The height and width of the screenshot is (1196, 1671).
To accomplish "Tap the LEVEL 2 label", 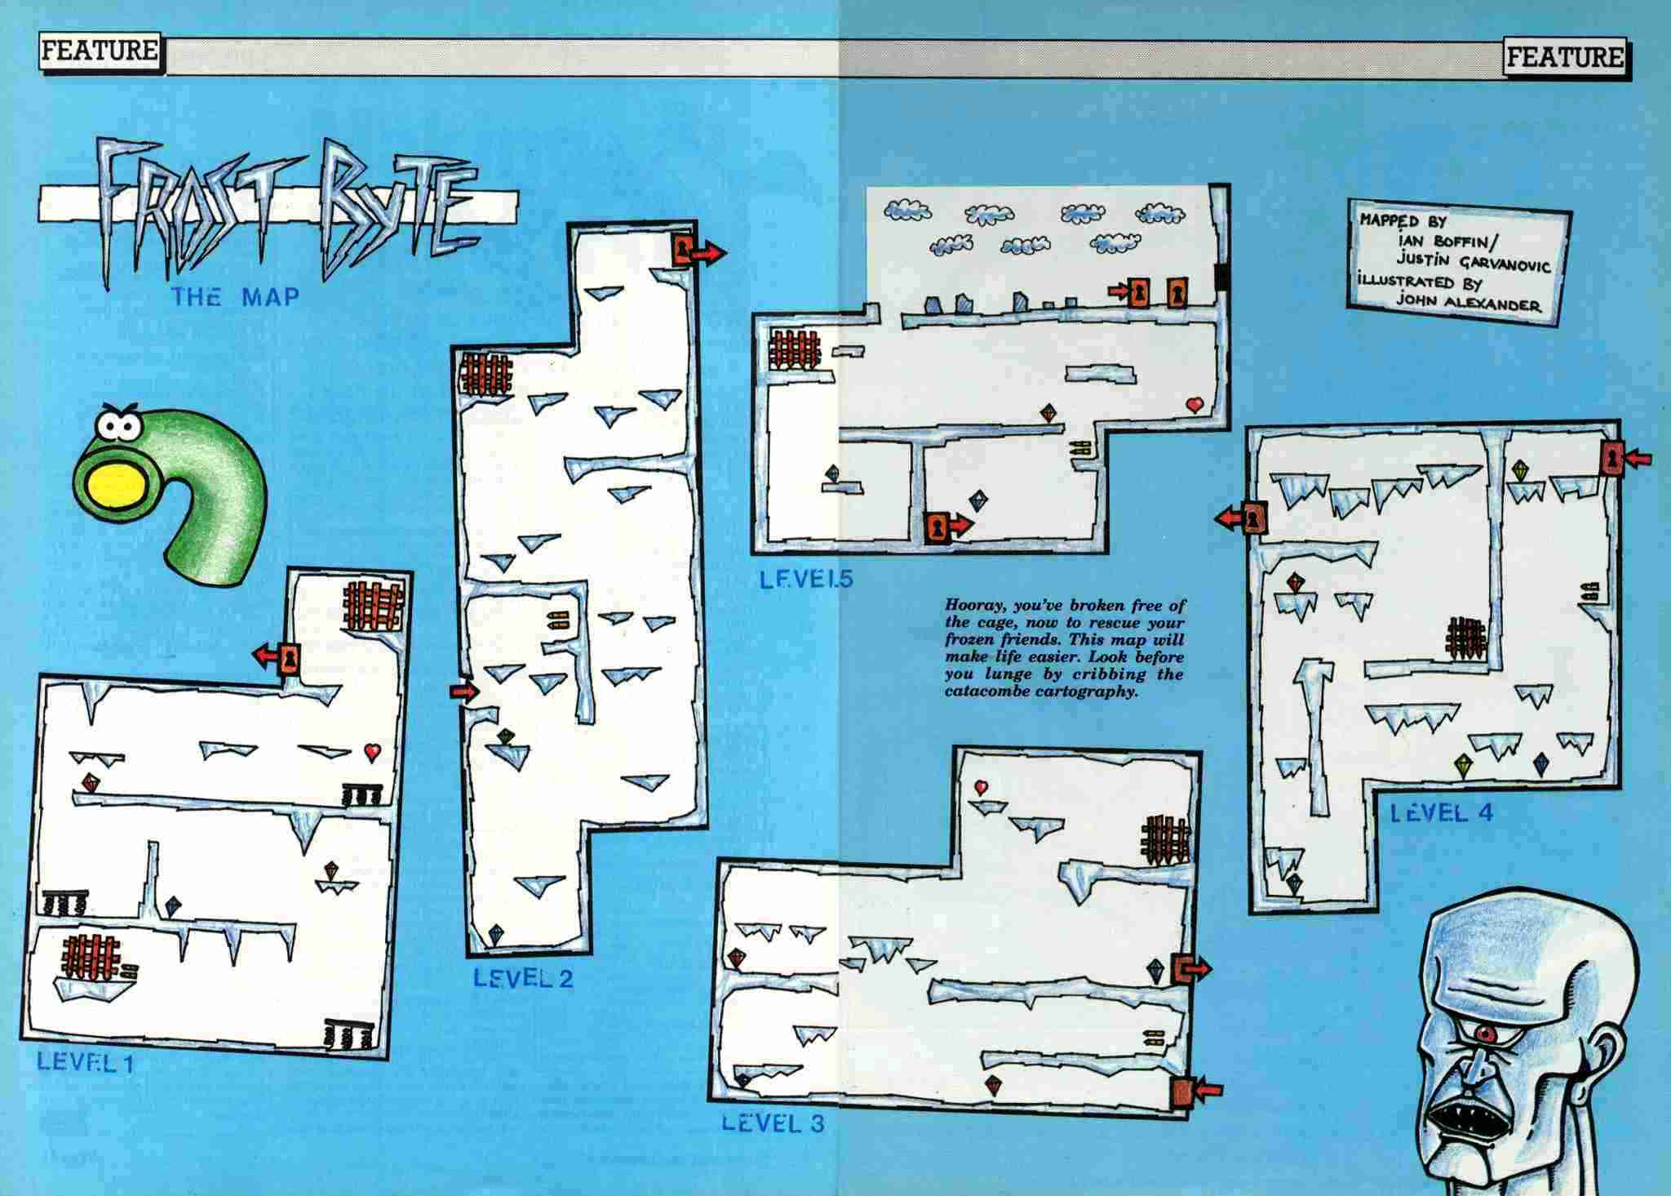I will [x=523, y=978].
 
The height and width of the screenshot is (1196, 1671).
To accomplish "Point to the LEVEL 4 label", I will [x=1442, y=812].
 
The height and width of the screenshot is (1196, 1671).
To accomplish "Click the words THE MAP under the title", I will [x=235, y=296].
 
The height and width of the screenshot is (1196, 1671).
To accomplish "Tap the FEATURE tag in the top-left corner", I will [x=99, y=51].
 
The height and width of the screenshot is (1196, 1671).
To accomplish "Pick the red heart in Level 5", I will [x=1195, y=403].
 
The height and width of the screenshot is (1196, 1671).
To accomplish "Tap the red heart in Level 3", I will [x=981, y=787].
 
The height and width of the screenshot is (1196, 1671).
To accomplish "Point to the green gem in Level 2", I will [x=506, y=736].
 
